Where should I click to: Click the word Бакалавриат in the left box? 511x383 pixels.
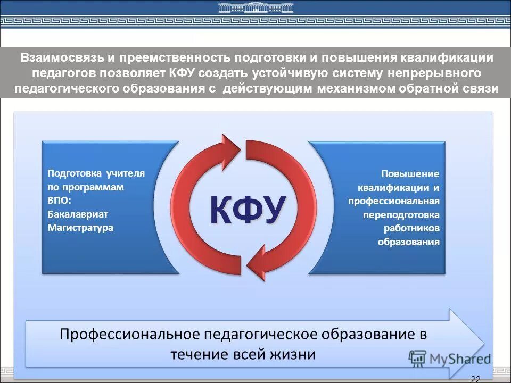(x=78, y=214)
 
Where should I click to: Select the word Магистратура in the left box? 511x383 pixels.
(x=80, y=227)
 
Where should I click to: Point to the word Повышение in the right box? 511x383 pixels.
(x=410, y=174)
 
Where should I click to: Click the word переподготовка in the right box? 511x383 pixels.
(x=401, y=215)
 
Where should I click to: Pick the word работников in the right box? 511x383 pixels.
(x=411, y=228)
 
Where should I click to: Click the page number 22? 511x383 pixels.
(x=476, y=379)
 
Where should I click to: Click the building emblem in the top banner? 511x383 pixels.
(x=256, y=8)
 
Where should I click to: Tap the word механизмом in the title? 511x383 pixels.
(x=356, y=88)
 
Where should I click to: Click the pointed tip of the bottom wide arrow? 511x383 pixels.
(x=482, y=341)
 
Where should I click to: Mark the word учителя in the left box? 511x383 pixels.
(x=125, y=173)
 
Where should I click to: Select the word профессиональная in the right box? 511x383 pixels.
(x=394, y=201)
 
